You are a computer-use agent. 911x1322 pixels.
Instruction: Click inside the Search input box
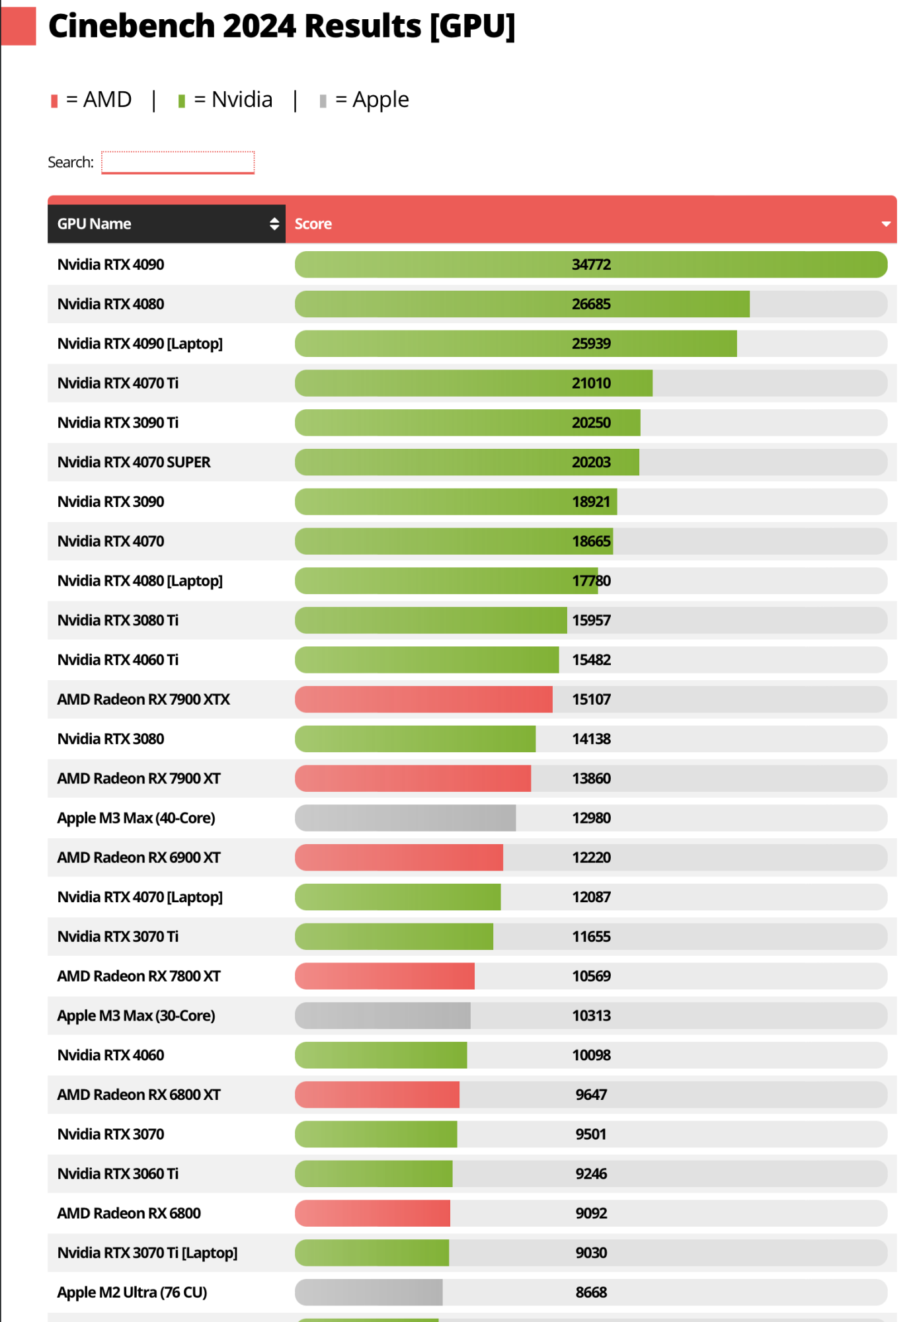coord(177,162)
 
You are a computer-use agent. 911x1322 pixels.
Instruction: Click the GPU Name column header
coord(95,224)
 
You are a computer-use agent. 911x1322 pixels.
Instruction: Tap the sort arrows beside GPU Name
coord(274,224)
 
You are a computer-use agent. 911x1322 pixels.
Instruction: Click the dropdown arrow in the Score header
coord(886,224)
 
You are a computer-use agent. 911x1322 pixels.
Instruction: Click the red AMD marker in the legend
coord(54,101)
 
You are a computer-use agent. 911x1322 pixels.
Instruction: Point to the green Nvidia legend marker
coord(181,101)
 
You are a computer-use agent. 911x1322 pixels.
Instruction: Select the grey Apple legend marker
coord(323,101)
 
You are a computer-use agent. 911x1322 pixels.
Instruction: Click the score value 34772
coord(591,264)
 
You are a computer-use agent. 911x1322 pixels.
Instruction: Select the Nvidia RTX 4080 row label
coord(111,304)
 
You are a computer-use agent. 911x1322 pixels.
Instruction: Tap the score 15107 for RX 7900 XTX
coord(591,699)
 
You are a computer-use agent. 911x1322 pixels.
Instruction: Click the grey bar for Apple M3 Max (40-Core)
coord(405,818)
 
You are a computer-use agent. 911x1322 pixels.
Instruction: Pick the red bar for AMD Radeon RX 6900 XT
coord(399,857)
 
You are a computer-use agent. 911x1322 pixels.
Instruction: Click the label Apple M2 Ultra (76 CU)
coord(132,1292)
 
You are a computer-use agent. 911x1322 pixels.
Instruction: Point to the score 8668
coord(591,1292)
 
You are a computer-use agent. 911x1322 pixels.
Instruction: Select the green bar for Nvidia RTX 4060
coord(381,1055)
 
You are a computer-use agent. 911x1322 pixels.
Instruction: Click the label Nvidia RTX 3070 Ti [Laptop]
coord(147,1253)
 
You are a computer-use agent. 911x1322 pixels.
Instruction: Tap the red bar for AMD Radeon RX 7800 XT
coord(385,976)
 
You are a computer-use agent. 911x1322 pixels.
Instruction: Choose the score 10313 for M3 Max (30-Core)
coord(591,1015)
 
